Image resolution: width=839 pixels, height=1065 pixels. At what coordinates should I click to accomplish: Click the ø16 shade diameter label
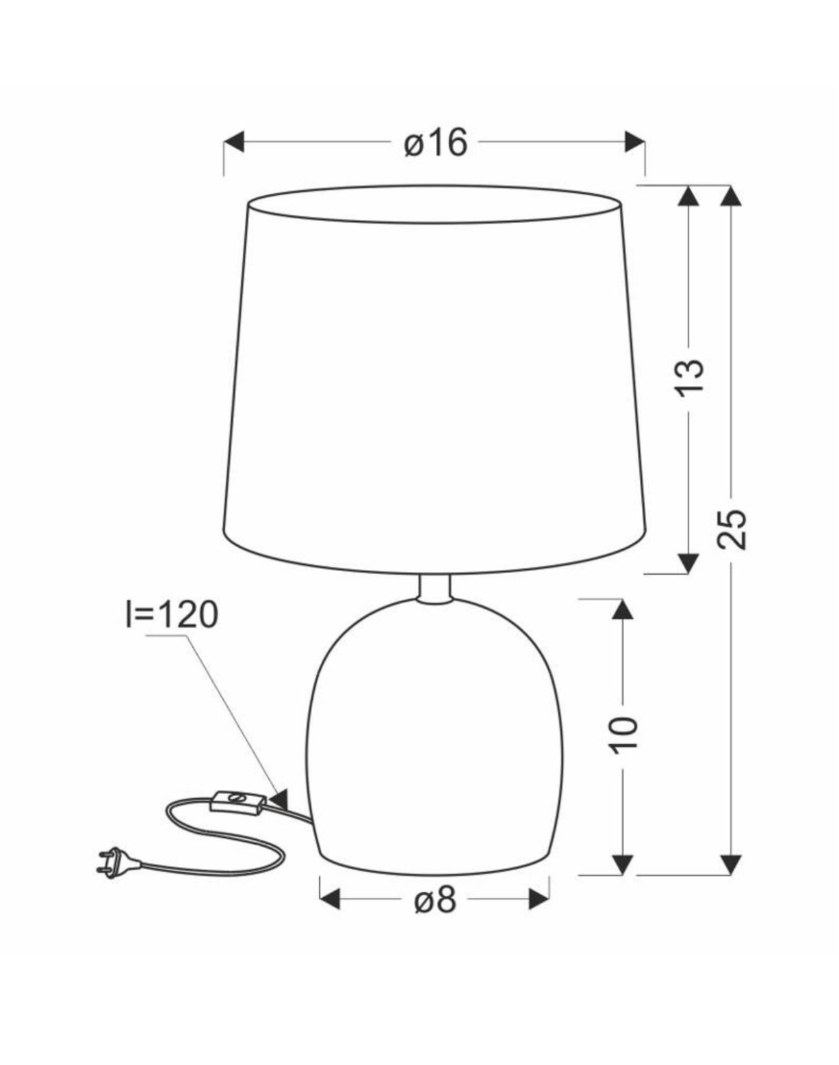click(435, 143)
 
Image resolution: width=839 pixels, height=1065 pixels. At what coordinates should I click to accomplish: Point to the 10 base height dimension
click(624, 733)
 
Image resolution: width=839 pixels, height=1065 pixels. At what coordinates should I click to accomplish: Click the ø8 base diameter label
click(434, 901)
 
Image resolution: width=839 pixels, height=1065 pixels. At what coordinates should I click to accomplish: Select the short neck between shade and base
click(434, 589)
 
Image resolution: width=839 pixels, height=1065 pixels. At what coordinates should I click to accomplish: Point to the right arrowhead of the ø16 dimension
click(634, 142)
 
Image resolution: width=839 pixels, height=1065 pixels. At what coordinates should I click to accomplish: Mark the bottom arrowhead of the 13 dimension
click(688, 562)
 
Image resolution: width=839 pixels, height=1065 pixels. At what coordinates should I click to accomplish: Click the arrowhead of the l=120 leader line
click(279, 798)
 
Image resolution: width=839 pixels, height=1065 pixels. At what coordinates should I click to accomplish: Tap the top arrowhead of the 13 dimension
click(688, 197)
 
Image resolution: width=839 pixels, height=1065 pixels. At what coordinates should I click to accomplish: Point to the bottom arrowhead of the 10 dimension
click(622, 864)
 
